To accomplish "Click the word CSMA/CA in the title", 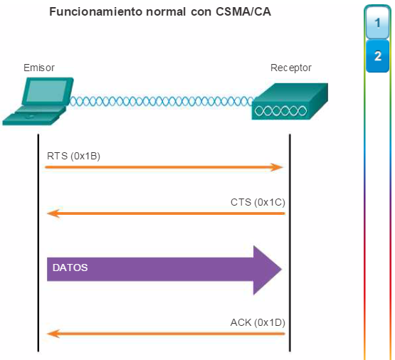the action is coord(243,11).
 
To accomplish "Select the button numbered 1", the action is coord(377,23).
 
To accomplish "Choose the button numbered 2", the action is coord(377,56).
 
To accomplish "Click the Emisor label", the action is coord(39,68).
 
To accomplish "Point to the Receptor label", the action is coord(291,68).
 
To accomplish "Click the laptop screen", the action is coord(47,91).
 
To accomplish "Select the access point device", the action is coord(290,101).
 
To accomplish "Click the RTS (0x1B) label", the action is coord(73,156).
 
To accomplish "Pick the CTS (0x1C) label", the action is coord(258,202).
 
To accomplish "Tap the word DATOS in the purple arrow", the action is coord(70,268).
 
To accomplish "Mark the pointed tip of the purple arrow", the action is coord(282,270).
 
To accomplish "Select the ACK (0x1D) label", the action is coord(258,322).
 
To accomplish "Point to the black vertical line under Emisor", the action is coord(38,243).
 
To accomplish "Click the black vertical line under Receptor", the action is coord(290,243).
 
